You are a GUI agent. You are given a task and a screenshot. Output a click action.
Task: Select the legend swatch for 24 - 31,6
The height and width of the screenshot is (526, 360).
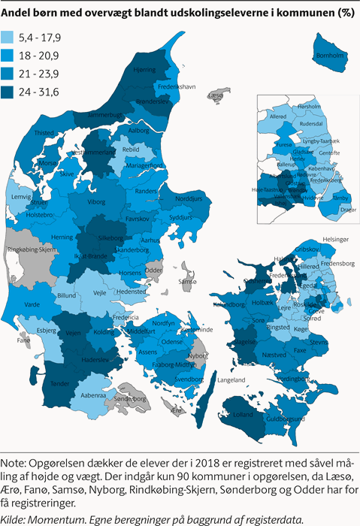14,92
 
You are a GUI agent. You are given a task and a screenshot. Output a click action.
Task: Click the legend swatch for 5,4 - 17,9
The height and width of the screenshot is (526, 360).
14,38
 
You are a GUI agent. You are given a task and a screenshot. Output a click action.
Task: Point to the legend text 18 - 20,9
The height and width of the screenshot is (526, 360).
44,56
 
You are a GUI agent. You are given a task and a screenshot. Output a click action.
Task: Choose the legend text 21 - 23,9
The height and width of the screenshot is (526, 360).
44,74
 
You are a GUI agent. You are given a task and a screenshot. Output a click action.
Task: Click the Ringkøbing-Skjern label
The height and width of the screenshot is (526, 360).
29,249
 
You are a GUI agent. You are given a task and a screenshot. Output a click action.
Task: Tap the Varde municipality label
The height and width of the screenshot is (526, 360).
32,305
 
